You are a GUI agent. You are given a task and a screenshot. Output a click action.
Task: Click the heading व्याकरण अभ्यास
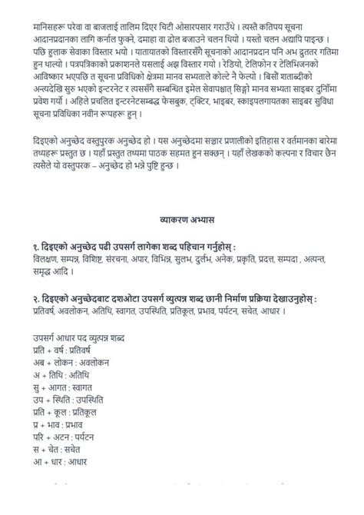pos(183,218)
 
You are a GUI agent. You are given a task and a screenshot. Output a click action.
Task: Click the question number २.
pos(27,297)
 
